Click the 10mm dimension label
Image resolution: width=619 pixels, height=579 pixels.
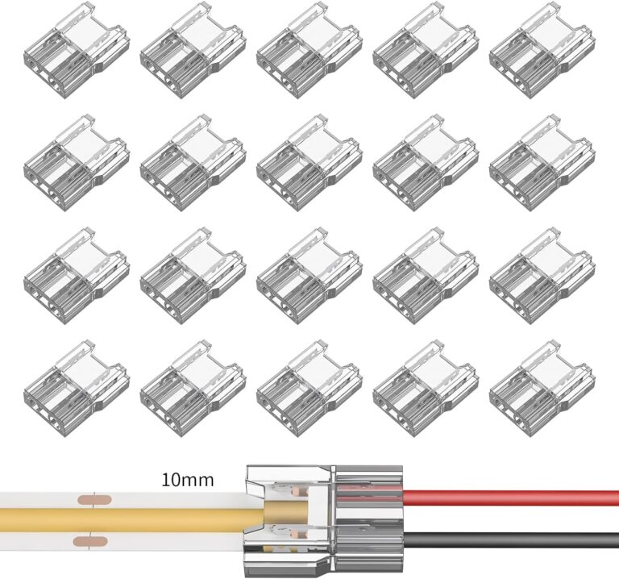(x=187, y=481)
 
